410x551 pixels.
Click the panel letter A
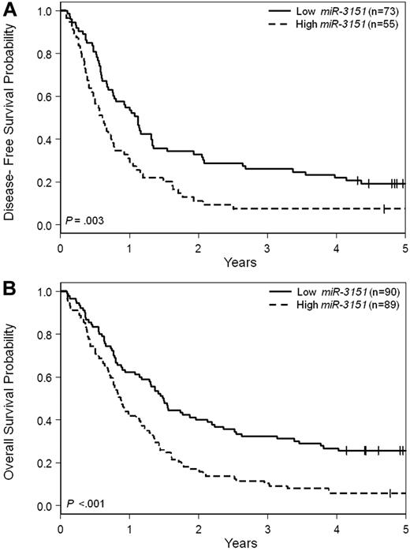click(x=9, y=9)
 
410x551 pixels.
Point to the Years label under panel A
click(x=233, y=260)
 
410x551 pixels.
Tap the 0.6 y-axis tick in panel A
click(x=47, y=97)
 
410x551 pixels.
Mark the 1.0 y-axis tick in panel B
click(x=47, y=292)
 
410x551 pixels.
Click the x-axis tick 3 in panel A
click(x=267, y=245)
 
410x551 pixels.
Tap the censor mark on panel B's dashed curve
click(x=389, y=493)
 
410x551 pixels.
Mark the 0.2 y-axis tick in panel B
click(x=47, y=463)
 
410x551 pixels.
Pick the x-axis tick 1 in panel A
click(x=129, y=245)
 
